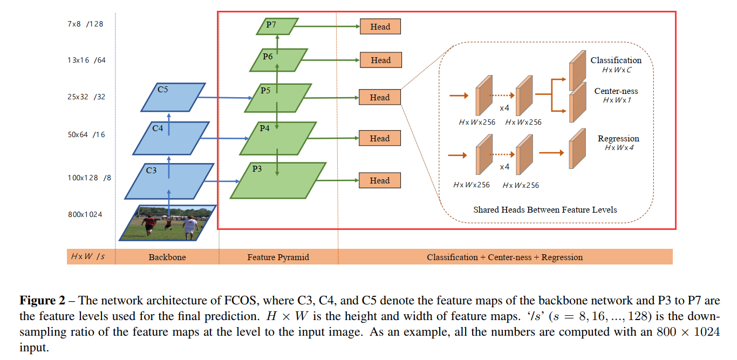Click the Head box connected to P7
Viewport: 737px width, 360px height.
[380, 26]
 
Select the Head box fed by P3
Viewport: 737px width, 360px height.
[380, 180]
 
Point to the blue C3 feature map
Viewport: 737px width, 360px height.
[168, 181]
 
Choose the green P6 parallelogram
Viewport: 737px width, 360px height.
[278, 60]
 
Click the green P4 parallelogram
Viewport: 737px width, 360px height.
[278, 138]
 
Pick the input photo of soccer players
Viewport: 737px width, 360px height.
[168, 222]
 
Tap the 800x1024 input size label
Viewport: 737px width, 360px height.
[85, 214]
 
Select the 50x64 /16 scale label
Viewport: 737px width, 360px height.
[86, 134]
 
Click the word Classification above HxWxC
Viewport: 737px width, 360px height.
[616, 60]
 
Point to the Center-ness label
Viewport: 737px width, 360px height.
[616, 91]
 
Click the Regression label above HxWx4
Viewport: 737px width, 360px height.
[618, 139]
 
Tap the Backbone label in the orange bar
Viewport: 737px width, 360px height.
[167, 257]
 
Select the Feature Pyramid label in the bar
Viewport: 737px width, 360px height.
[278, 257]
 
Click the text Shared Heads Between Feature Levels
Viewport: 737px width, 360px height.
[545, 209]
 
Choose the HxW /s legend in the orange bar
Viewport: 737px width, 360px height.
[88, 257]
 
